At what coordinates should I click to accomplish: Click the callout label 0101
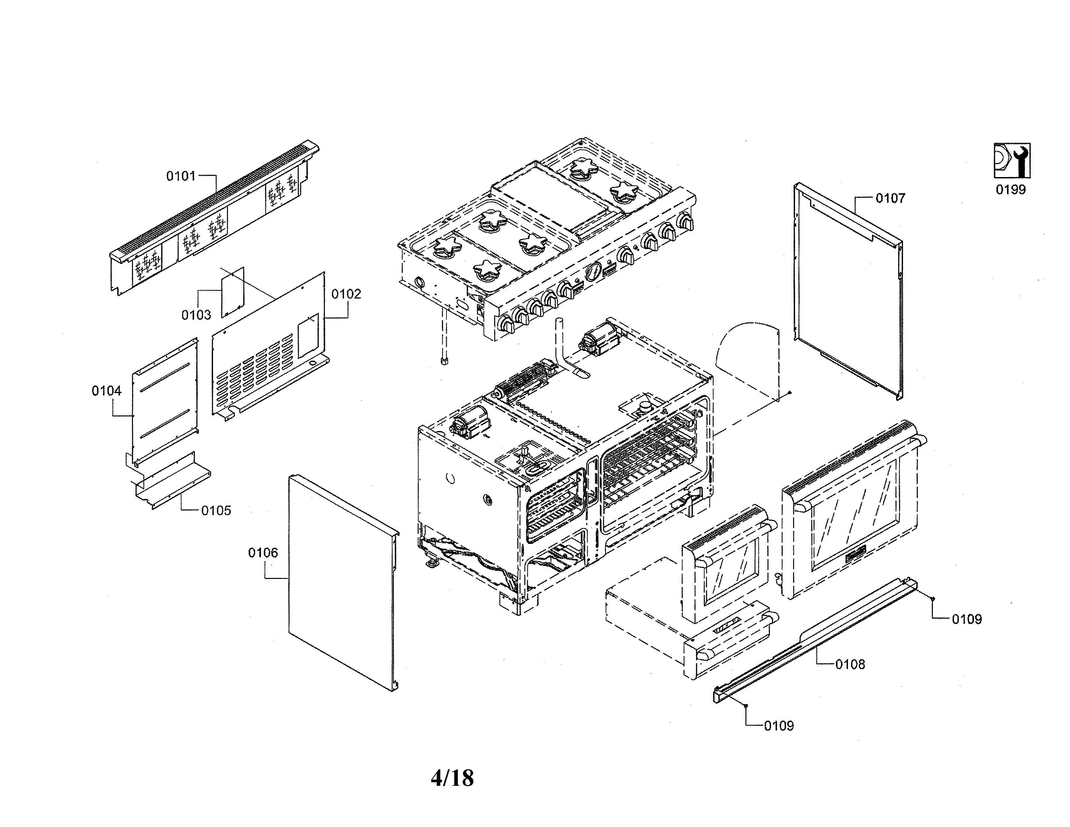click(x=181, y=176)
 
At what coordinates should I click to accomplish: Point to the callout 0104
click(x=106, y=391)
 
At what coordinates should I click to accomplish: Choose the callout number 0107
click(x=890, y=198)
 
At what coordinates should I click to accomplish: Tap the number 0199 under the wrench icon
click(x=1010, y=190)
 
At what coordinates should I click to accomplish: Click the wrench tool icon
click(x=1012, y=160)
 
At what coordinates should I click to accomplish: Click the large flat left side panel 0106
click(x=340, y=583)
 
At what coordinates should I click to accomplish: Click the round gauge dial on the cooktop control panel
click(x=593, y=270)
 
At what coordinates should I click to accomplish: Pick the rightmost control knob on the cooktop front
click(x=684, y=222)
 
